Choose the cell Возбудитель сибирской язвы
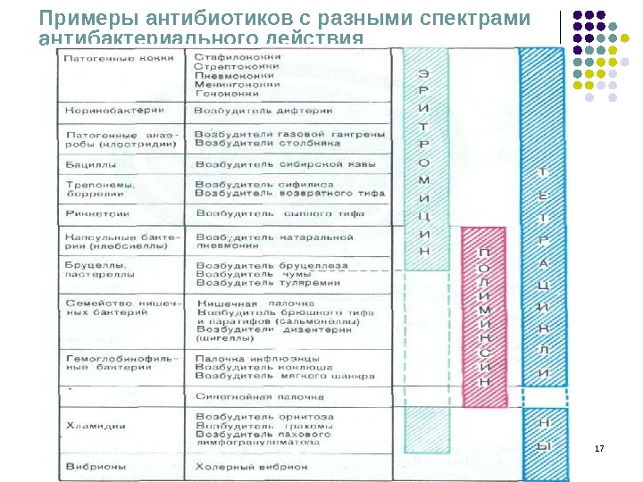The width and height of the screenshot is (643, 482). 279,165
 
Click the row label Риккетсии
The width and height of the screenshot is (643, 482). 97,214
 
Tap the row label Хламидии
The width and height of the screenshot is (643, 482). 94,426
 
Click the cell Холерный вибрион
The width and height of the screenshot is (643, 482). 251,466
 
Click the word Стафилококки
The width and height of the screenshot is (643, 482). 237,56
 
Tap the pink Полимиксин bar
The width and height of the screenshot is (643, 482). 485,317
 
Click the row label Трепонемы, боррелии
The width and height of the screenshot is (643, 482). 100,189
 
